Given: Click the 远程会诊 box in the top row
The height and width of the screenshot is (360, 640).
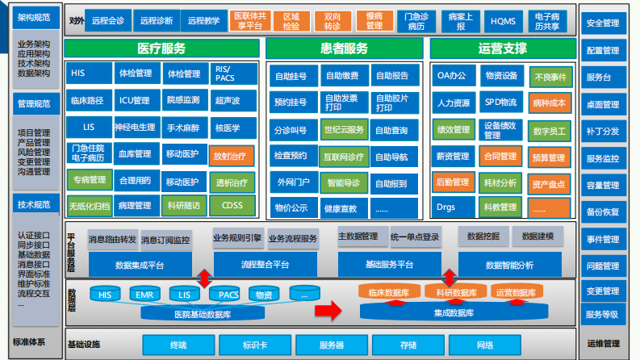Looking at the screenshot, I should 108,20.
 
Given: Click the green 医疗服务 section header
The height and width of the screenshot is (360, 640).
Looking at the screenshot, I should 162,48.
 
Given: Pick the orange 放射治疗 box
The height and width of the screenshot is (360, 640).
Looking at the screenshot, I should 232,154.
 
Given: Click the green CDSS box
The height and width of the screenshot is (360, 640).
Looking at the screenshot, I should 232,206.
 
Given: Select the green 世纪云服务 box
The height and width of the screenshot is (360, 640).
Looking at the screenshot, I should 344,129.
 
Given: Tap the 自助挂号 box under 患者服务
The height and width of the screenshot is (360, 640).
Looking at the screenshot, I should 291,77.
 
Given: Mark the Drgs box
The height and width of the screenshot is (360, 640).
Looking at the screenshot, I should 446,207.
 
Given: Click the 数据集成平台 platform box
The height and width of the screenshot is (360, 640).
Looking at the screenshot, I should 140,264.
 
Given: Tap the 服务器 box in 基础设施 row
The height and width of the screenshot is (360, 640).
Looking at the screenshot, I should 332,345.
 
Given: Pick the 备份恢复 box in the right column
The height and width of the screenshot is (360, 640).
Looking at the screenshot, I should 602,212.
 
